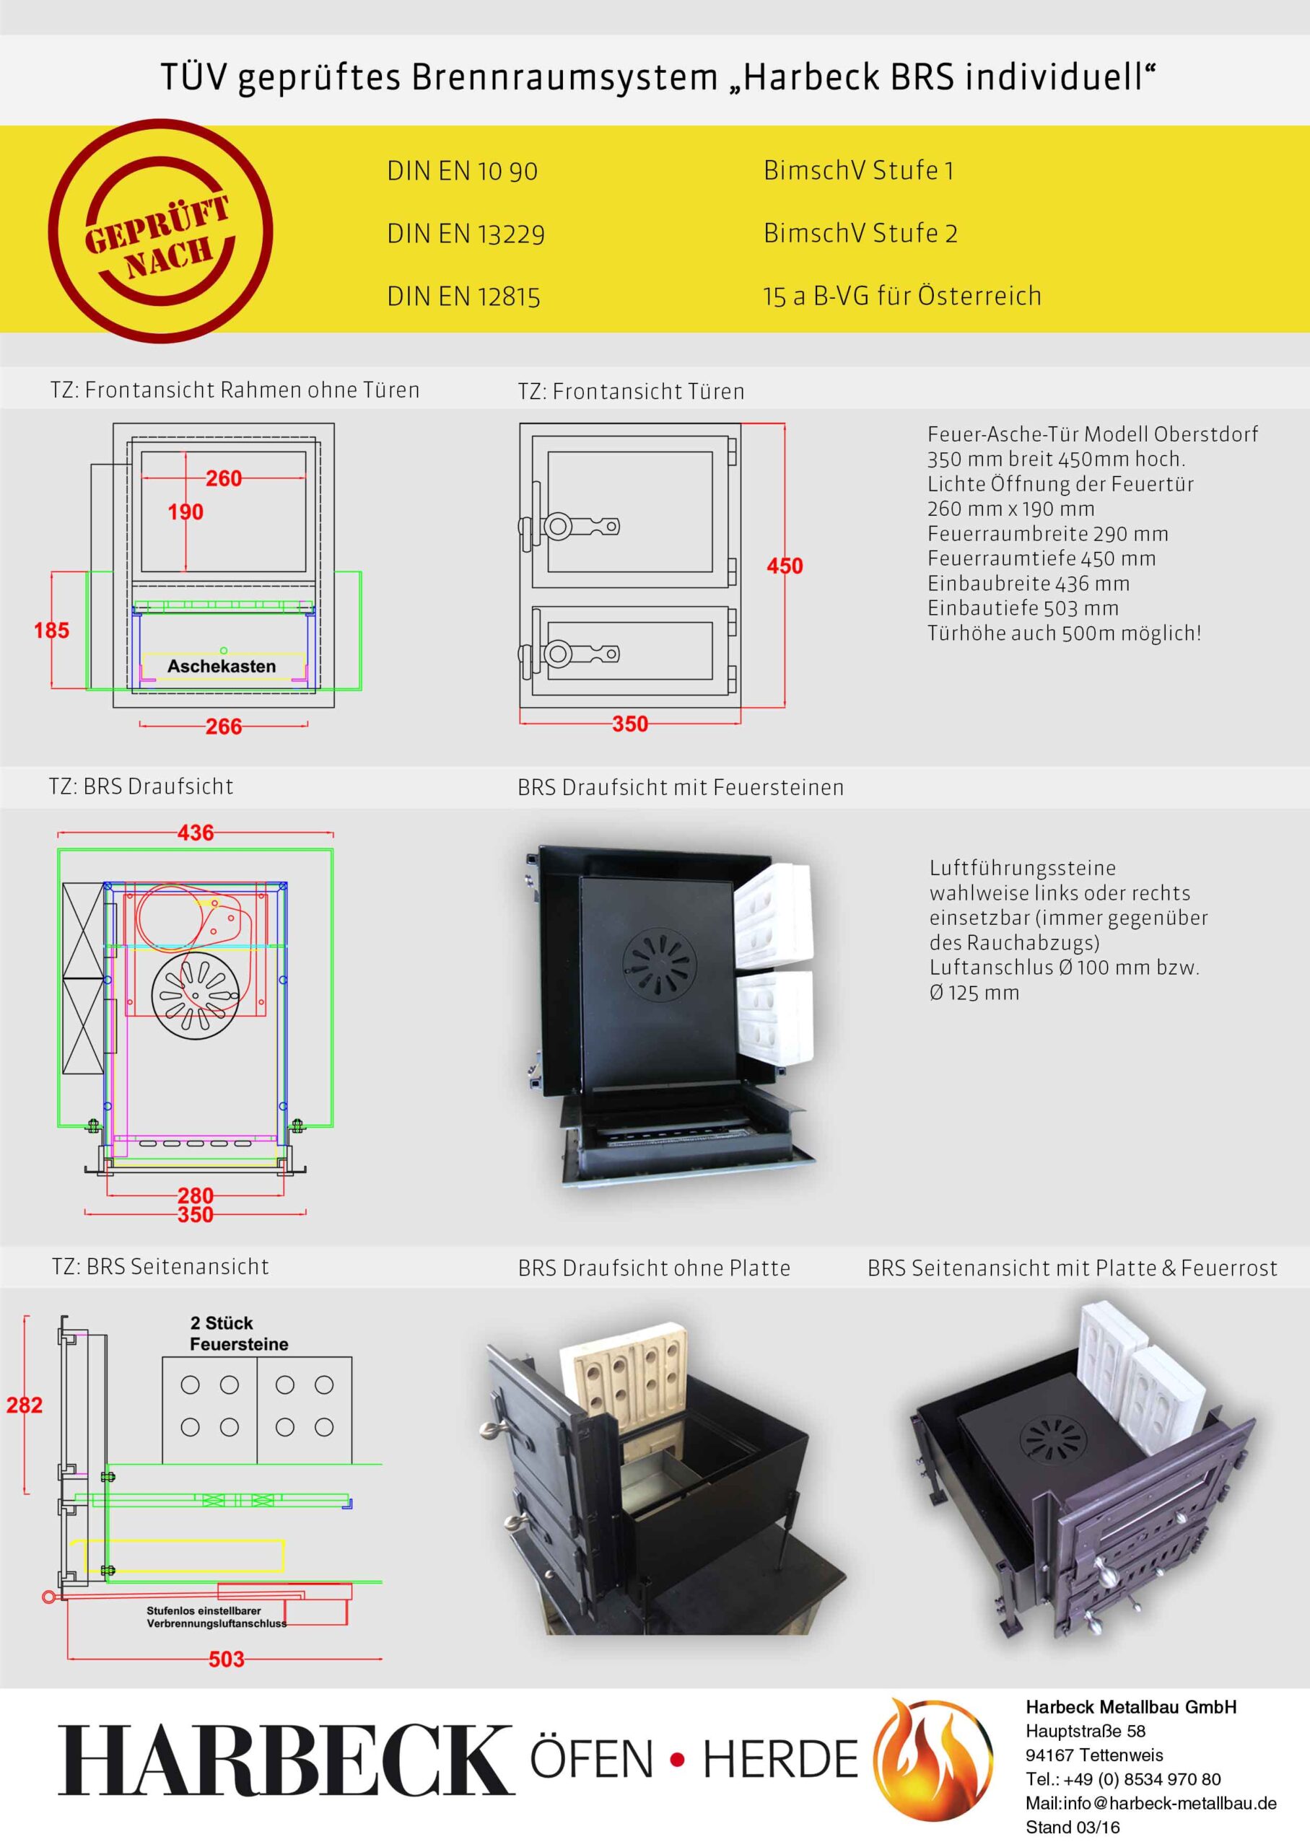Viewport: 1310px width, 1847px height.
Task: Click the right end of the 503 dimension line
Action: click(382, 1659)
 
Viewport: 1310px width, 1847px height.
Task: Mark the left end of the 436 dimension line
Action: click(58, 833)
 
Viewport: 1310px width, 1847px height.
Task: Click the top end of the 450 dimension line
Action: click(785, 425)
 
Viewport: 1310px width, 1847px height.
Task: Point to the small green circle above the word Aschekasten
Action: click(224, 651)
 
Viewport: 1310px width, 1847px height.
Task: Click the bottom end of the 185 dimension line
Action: click(52, 688)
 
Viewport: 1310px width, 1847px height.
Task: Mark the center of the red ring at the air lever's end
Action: click(48, 1595)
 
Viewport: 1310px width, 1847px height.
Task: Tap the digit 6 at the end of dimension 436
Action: click(207, 833)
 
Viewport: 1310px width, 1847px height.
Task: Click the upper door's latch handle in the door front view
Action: click(569, 527)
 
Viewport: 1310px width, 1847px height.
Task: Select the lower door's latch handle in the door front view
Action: click(569, 653)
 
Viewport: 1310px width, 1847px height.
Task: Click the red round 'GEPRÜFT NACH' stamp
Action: click(160, 232)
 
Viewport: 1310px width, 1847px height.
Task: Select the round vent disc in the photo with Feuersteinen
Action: click(660, 962)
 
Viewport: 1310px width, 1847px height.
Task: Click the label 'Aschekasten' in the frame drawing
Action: click(222, 667)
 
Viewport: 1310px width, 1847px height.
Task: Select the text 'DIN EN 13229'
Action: click(466, 234)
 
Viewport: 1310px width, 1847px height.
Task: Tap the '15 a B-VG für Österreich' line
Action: click(903, 296)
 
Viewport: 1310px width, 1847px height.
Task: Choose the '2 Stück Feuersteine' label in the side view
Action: click(239, 1333)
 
